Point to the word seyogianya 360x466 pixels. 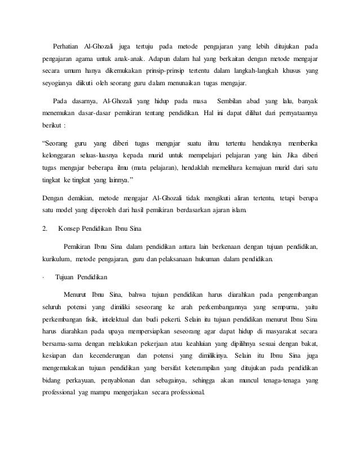point(60,86)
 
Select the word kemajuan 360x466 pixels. point(247,169)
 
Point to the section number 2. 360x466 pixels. point(45,230)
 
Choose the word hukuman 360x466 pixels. point(211,260)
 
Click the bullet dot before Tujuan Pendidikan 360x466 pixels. point(44,278)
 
